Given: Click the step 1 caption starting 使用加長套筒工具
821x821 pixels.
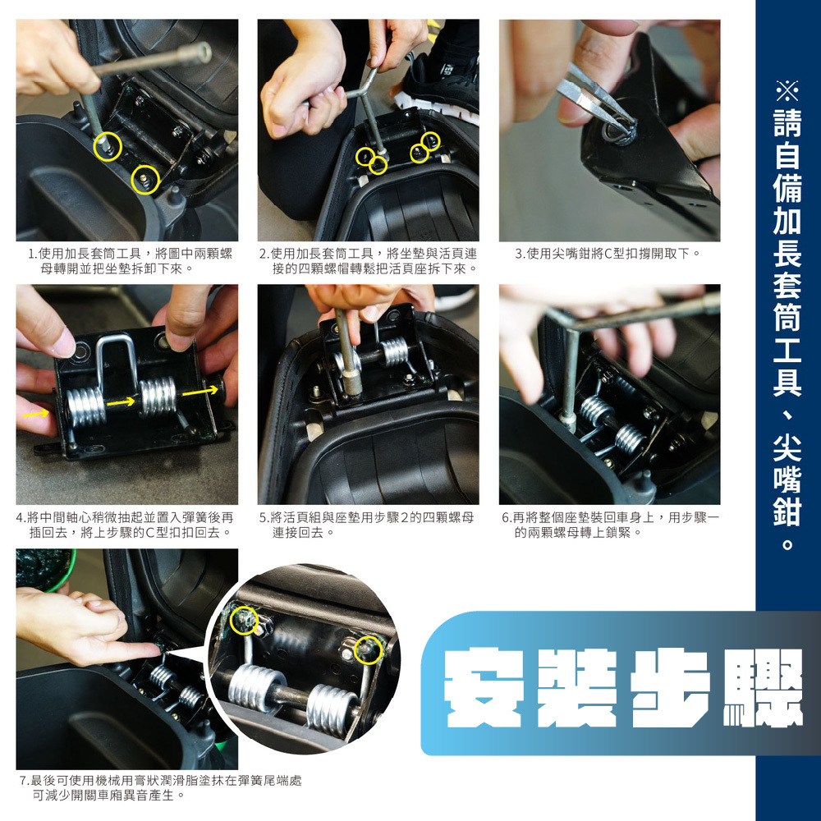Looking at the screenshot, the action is (x=130, y=261).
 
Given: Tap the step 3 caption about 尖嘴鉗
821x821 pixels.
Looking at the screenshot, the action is (x=608, y=254).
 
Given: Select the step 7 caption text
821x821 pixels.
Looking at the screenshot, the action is (x=161, y=788).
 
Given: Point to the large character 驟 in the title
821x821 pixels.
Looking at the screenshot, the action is (x=763, y=688).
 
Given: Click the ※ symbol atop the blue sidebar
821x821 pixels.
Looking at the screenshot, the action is (x=787, y=90).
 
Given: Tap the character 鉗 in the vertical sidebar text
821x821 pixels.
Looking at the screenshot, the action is (x=787, y=508).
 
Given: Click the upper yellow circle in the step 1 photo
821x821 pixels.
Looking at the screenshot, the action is (x=108, y=146).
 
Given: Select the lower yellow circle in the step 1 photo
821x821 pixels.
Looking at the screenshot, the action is (x=145, y=180).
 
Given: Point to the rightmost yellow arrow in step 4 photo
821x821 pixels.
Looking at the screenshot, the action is (x=200, y=392).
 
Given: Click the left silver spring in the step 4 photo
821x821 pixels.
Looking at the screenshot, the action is (x=86, y=407).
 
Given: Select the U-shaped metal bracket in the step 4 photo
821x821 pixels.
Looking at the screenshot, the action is (x=117, y=363).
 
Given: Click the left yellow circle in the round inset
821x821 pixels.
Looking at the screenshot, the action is (x=244, y=621).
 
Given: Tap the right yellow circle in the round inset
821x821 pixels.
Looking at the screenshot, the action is (x=369, y=650).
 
